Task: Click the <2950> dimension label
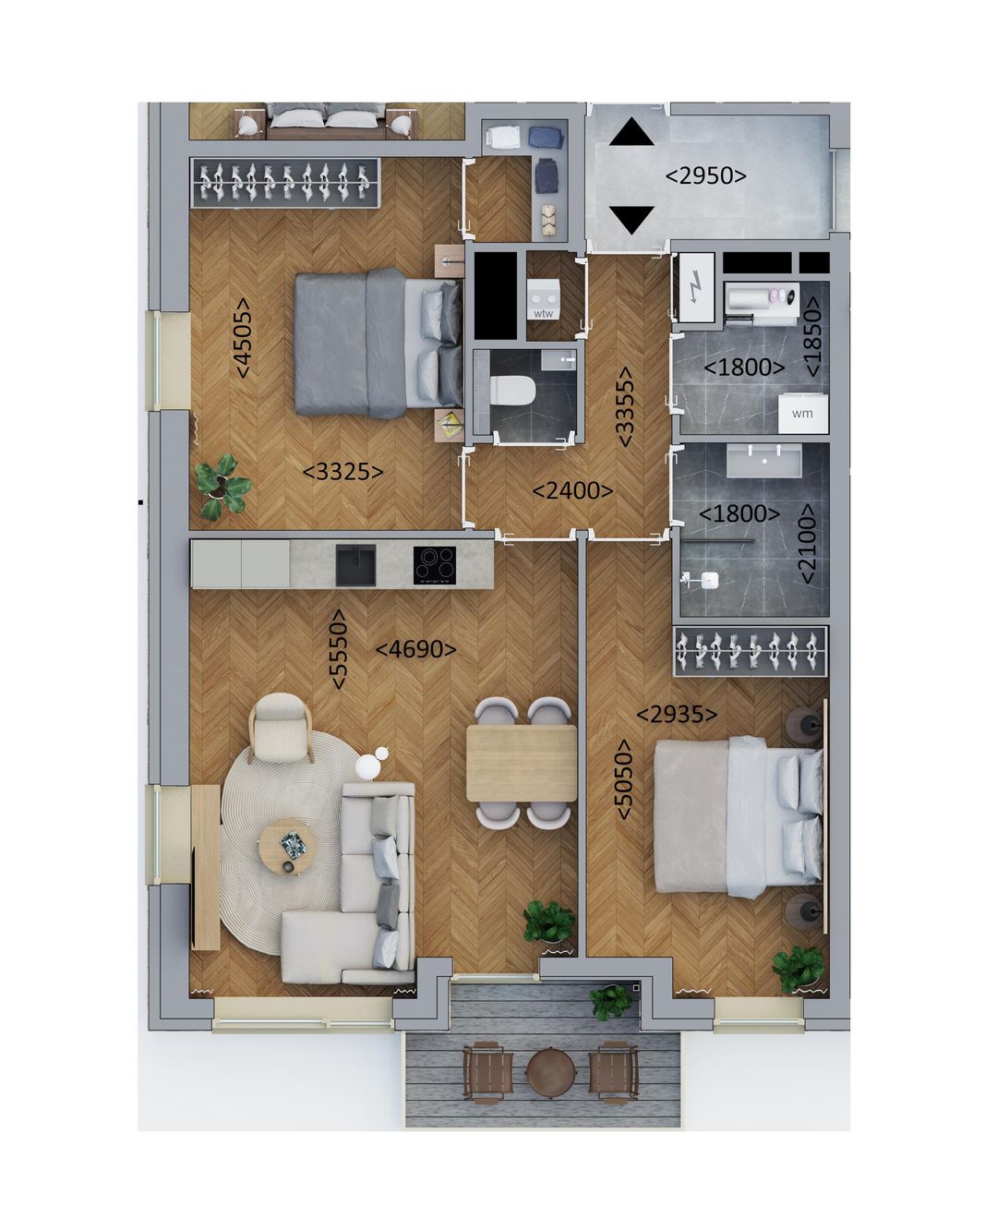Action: click(x=706, y=175)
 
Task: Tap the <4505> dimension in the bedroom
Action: click(x=243, y=336)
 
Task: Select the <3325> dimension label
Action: click(x=342, y=472)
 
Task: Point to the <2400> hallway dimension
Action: click(x=572, y=490)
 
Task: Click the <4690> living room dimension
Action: click(x=415, y=649)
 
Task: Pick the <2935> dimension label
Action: click(x=677, y=714)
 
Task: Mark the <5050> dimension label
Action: click(x=624, y=779)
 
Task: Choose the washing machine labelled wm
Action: click(x=802, y=413)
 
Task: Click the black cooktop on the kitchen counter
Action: click(x=434, y=563)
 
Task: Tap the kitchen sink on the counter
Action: click(x=355, y=564)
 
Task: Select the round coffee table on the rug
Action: click(x=287, y=846)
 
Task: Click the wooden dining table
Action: click(x=521, y=763)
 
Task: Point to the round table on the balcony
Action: click(x=551, y=1072)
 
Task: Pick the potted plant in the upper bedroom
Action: click(x=222, y=486)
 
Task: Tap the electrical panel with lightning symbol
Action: click(x=693, y=289)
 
